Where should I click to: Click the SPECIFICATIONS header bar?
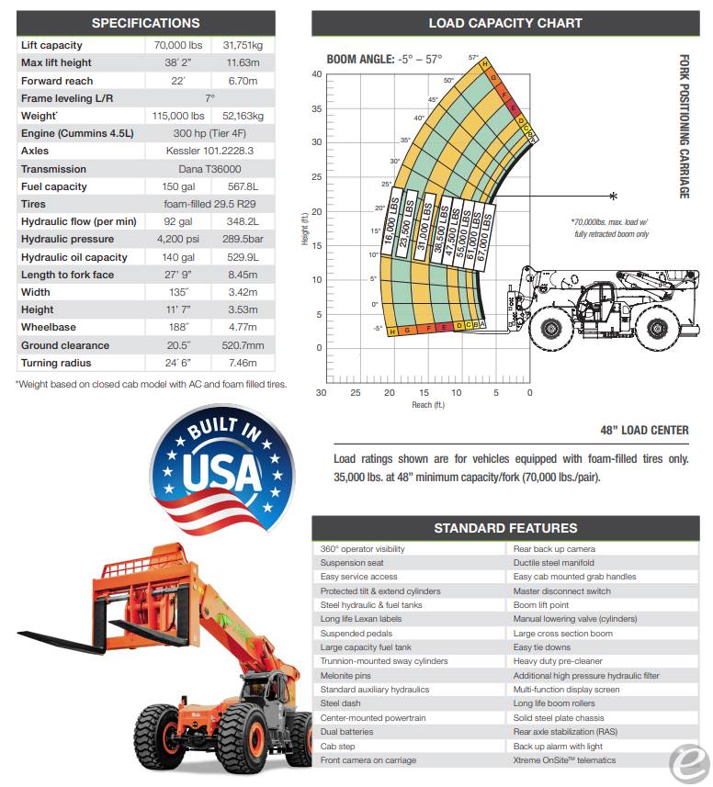point(145,23)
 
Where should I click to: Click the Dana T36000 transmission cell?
point(209,169)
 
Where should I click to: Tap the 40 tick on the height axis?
point(316,74)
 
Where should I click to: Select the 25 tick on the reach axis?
point(356,393)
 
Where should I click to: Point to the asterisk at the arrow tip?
point(614,196)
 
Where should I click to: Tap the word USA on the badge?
point(222,470)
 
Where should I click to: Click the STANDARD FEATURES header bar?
point(505,528)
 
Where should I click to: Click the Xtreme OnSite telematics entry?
point(565,760)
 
